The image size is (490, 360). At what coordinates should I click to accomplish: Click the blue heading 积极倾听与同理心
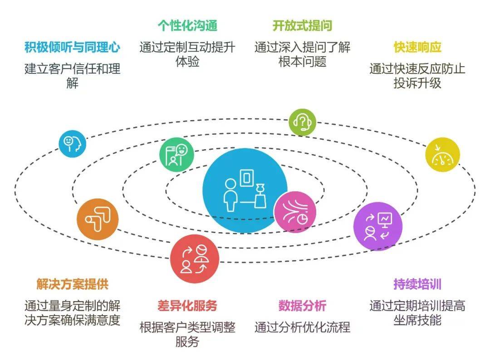point(72,47)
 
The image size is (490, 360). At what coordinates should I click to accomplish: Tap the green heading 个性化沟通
point(187,25)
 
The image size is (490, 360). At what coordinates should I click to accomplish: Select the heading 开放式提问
point(302,25)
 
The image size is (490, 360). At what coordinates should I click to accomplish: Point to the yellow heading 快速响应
point(417,47)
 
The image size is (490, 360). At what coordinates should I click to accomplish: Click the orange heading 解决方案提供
point(72,284)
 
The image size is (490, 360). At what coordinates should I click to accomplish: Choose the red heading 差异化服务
point(187,306)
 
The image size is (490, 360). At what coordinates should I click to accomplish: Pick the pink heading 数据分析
point(302,306)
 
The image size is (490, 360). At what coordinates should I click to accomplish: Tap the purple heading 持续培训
point(417,284)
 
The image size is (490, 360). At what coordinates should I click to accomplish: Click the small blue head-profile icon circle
point(73,144)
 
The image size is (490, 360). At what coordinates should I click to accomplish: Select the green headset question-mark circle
point(302,122)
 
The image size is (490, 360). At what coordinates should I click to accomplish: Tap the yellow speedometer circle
point(442,155)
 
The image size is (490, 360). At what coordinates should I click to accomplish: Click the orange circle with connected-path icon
point(98,219)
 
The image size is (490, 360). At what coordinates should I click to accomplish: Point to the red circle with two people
point(195,259)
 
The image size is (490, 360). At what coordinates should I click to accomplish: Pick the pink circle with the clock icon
point(295,212)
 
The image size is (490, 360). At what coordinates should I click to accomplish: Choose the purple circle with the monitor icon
point(378,226)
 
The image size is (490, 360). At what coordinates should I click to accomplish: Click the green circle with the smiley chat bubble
point(176,155)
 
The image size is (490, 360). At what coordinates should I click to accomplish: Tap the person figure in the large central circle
point(230,195)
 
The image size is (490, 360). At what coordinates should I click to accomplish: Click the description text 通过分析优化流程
point(302,327)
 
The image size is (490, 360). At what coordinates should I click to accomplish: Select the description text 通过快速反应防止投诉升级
point(417,76)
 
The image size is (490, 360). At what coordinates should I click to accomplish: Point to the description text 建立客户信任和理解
point(72,76)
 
